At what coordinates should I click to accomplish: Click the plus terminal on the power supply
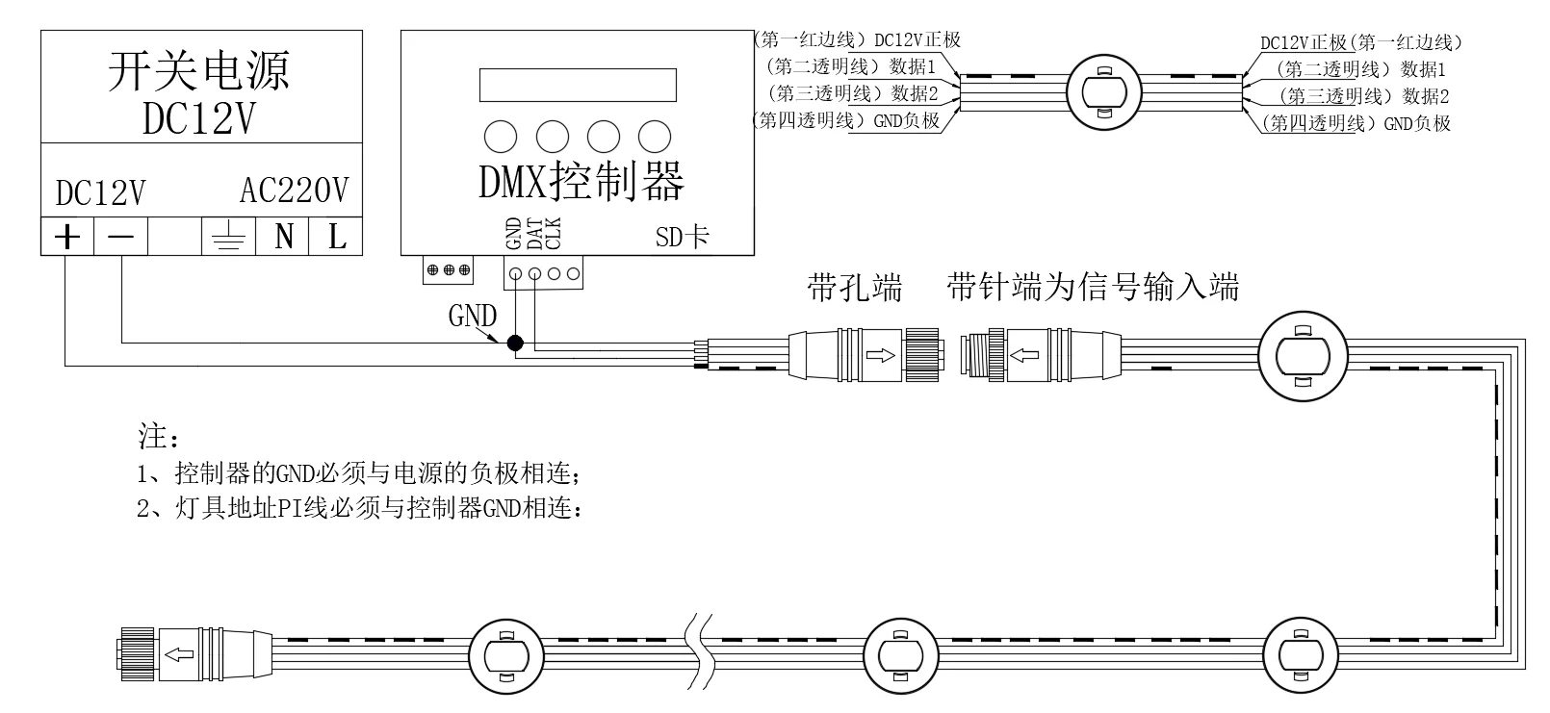tap(67, 236)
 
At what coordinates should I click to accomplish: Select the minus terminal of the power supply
tap(121, 236)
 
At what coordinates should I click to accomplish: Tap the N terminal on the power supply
tap(284, 236)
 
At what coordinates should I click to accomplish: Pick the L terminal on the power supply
tap(336, 236)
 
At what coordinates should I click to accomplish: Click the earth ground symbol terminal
tap(228, 237)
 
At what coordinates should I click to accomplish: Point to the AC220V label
tap(294, 191)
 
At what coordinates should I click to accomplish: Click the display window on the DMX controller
tap(578, 85)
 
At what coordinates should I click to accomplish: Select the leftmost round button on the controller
tap(501, 136)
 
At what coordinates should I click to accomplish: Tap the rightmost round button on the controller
tap(655, 136)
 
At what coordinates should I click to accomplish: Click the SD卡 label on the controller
tap(682, 237)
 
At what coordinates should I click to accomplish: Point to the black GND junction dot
tap(515, 342)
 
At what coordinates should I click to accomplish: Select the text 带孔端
tap(855, 287)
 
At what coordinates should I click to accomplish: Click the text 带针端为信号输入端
tap(1093, 287)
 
